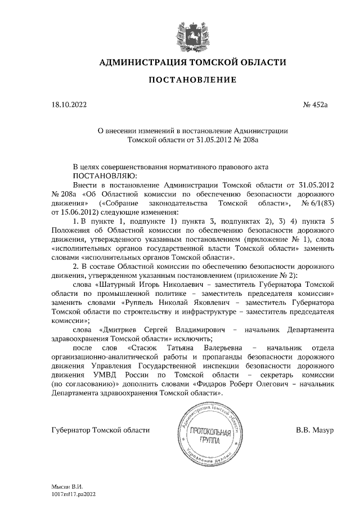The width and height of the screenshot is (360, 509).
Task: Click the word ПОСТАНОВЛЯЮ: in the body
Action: pos(98,175)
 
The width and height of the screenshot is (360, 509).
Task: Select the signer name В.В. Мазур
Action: pos(315,430)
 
